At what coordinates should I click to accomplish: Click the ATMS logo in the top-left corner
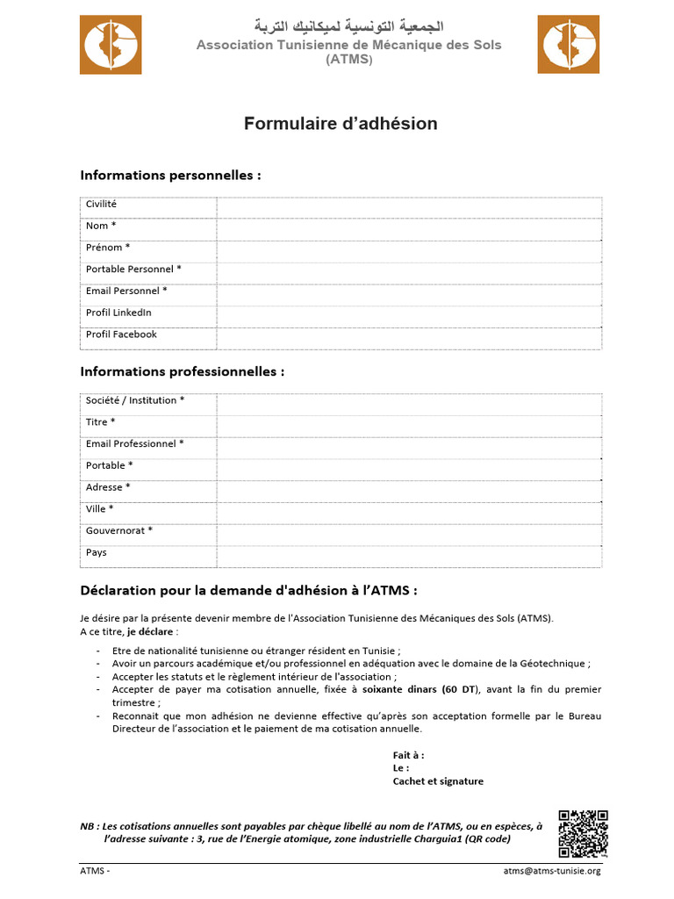(x=111, y=45)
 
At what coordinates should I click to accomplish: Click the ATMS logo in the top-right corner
(x=568, y=45)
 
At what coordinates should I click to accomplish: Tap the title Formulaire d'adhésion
(x=341, y=124)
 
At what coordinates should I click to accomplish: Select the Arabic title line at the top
(x=348, y=26)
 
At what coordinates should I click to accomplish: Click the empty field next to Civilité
(x=409, y=207)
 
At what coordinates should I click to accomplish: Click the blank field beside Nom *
(x=409, y=229)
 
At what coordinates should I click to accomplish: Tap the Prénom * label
(x=108, y=248)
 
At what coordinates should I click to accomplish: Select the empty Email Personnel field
(x=409, y=294)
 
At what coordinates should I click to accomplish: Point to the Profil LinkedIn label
(x=118, y=313)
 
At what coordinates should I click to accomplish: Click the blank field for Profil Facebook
(x=409, y=338)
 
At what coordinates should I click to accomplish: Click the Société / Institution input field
(x=409, y=404)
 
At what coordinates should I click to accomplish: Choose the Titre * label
(x=100, y=422)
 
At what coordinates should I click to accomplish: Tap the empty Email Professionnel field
(x=409, y=447)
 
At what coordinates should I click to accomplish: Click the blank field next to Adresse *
(x=409, y=491)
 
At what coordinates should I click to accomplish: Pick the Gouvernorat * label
(x=119, y=530)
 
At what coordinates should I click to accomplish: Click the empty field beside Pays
(x=409, y=557)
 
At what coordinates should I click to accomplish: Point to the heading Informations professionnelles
(x=183, y=371)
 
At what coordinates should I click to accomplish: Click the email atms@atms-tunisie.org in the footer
(x=552, y=871)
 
